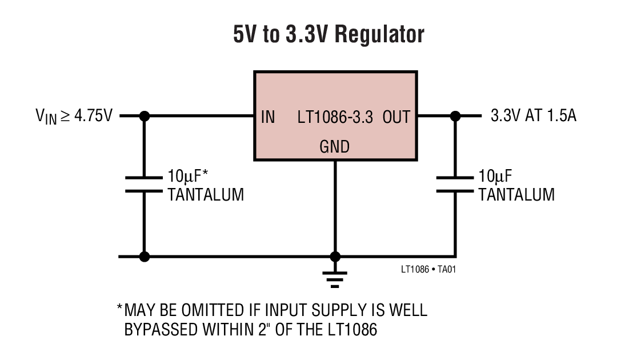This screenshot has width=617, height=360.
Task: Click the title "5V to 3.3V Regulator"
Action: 328,34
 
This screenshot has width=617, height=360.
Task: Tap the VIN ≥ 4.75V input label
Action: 74,117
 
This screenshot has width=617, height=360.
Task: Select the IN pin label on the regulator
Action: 268,117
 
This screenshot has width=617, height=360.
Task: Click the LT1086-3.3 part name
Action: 335,117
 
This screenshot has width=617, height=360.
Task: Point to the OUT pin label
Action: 396,117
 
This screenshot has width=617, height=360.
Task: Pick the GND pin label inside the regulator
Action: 334,147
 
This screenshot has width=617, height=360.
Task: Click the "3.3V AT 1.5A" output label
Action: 533,116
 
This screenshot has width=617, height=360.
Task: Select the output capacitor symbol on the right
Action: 455,184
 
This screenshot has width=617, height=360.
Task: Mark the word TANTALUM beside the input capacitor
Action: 206,195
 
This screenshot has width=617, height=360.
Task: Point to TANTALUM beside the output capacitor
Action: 516,195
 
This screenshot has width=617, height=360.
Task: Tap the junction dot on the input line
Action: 145,116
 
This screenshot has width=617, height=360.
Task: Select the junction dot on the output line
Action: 455,116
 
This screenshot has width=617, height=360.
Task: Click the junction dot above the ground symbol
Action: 335,257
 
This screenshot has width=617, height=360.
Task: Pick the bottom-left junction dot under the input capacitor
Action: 145,257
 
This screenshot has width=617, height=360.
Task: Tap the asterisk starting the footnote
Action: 120,310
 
